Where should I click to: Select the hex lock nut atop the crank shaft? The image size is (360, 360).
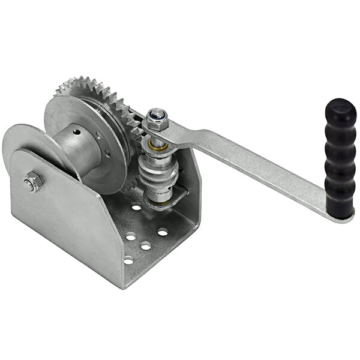[157, 121]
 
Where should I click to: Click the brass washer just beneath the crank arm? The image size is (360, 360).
[159, 146]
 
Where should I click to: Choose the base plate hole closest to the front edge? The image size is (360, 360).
[128, 260]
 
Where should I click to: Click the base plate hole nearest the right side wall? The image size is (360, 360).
[163, 232]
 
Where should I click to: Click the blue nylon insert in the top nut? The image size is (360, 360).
[157, 113]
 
